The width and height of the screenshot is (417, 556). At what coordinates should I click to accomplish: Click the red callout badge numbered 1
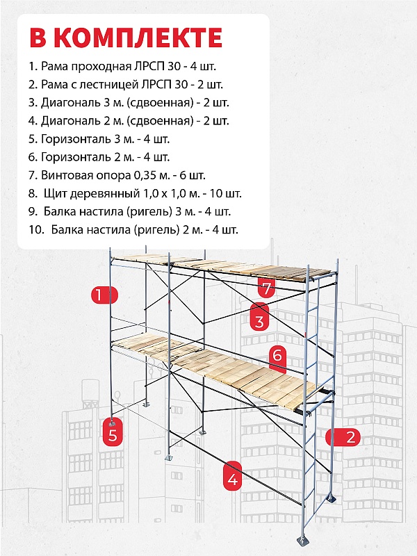click(101, 295)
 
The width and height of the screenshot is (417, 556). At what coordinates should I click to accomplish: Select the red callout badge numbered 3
click(259, 322)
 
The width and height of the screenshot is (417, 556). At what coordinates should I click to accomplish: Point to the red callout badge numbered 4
click(232, 479)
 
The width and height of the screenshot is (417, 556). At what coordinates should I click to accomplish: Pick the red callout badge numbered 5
click(112, 436)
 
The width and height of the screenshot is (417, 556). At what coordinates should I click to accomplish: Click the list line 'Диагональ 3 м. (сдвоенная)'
click(129, 103)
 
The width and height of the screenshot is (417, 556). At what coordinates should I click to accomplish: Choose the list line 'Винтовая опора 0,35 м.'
click(117, 175)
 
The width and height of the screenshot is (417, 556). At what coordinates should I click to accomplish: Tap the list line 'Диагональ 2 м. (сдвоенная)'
click(129, 121)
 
